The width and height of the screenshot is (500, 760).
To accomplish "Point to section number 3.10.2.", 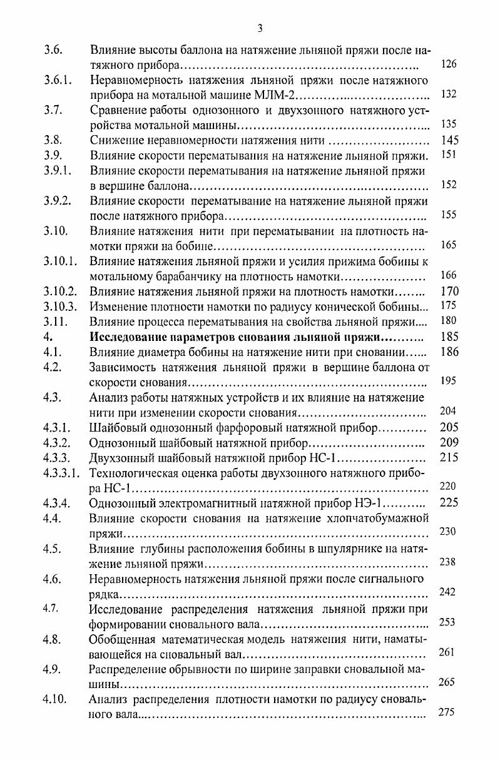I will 60,291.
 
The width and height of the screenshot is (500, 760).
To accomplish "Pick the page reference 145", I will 450,140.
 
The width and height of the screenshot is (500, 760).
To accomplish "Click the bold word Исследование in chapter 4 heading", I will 128,337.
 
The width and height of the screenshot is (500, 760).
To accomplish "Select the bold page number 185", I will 449,337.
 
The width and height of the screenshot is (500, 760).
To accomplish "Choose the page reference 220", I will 449,486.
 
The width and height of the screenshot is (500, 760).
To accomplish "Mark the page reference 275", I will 447,712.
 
